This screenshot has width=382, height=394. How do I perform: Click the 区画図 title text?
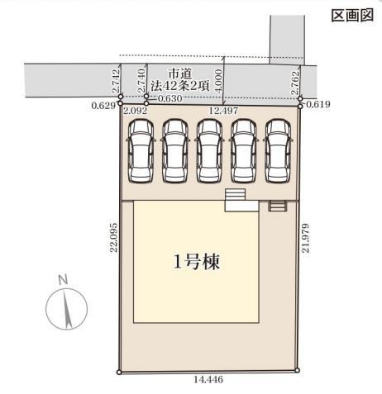click(x=353, y=16)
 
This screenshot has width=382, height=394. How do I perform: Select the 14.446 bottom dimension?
click(x=208, y=382)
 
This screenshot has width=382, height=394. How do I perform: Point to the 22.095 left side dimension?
click(x=112, y=240)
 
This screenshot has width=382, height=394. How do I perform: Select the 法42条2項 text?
click(x=181, y=86)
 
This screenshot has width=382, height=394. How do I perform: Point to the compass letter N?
click(x=61, y=280)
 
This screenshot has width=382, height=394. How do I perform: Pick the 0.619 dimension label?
click(x=318, y=107)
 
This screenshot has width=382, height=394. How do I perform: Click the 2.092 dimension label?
click(x=134, y=108)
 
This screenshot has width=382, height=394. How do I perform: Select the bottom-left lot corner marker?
click(x=121, y=373)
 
